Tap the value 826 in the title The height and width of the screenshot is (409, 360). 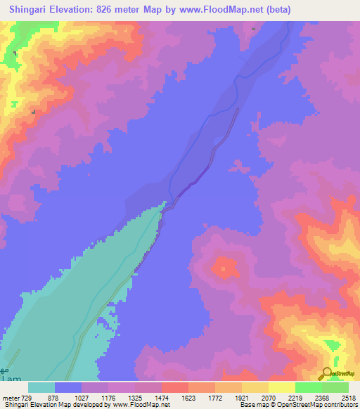(118, 9)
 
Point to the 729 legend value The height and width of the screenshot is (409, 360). (26, 398)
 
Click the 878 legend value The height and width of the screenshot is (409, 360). (54, 398)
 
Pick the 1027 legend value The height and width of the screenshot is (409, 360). (81, 398)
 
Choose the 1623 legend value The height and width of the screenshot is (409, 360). (188, 398)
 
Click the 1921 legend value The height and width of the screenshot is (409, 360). (241, 398)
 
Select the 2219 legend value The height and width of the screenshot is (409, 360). (295, 398)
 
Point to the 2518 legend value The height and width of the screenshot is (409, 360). (348, 398)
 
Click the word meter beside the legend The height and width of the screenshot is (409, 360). (10, 398)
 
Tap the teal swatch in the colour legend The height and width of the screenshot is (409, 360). (41, 387)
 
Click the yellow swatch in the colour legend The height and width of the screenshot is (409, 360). (281, 387)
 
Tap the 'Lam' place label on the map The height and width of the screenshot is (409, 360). (8, 378)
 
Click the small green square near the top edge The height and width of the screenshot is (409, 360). (253, 30)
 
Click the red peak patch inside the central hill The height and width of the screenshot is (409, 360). (225, 267)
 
